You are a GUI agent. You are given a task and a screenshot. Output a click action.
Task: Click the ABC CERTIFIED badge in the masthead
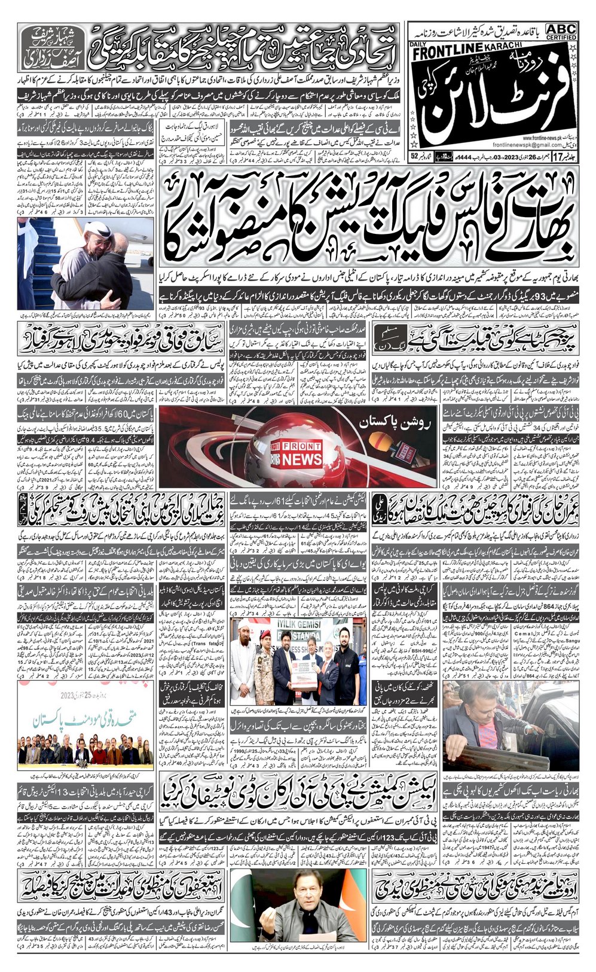(561, 32)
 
